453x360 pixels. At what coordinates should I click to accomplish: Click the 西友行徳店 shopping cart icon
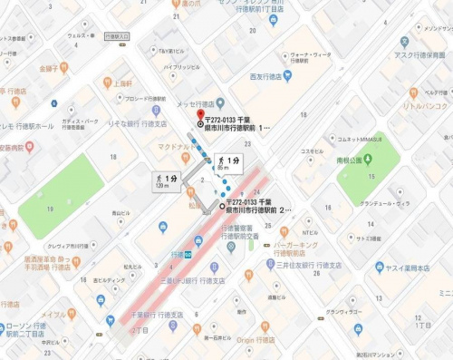[x=287, y=77]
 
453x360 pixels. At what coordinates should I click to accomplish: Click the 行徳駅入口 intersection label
[x=117, y=36]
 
